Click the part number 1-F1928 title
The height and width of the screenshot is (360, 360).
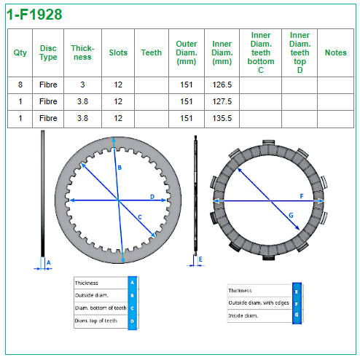point(34,15)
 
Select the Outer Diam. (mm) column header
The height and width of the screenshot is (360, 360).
point(187,52)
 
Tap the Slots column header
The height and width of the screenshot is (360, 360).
point(118,52)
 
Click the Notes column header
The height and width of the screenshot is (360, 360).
point(336,52)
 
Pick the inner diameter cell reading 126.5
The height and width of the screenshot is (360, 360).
point(222,85)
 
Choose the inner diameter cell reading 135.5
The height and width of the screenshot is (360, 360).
point(222,118)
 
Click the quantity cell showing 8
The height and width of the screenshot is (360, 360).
point(20,85)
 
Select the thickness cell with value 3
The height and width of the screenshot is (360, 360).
point(82,85)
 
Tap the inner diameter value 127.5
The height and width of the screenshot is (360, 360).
point(222,101)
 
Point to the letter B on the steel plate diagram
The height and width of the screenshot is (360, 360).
point(120,168)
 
